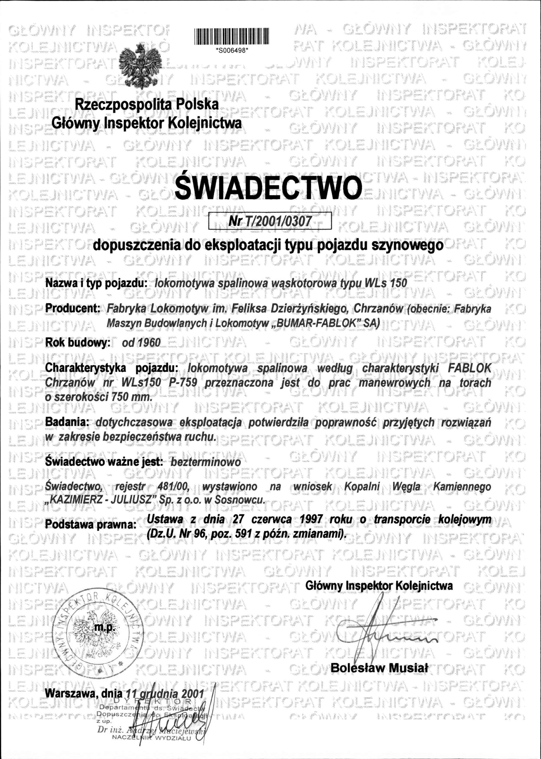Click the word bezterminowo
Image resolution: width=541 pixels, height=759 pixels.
click(x=205, y=462)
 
